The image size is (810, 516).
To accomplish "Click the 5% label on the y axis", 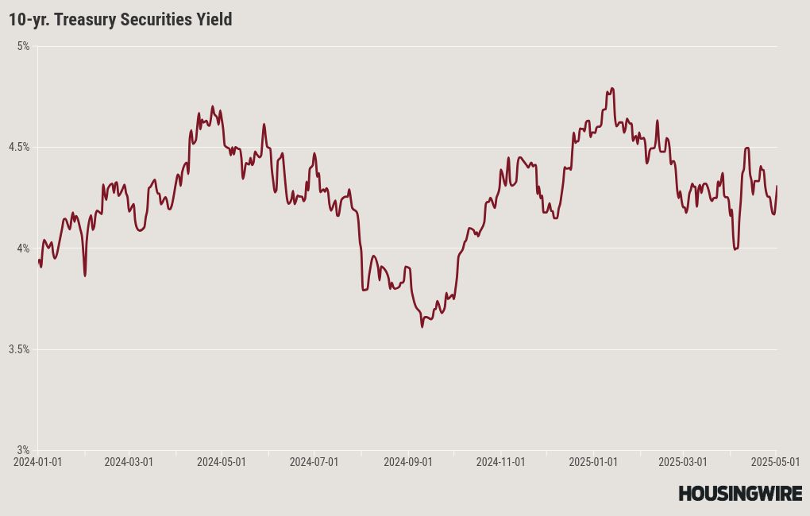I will coord(24,46).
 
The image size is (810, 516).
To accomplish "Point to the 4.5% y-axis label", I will coord(20,147).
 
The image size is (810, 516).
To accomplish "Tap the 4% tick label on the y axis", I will coord(24,248).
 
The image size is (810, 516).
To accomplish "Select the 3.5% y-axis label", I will coord(20,349).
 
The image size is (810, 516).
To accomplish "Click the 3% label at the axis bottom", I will coord(24,450).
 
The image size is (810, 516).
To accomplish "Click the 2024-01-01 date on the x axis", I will coord(37,461).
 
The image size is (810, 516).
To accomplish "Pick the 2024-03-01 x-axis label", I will coord(129,461).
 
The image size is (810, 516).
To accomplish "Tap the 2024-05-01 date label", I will coord(222,461).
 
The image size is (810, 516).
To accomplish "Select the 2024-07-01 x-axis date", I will coord(314,461).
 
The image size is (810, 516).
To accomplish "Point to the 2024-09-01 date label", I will coord(408,461).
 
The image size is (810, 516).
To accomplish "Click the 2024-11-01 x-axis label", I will coord(501,461).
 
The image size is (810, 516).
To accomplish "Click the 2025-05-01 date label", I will coord(774,461).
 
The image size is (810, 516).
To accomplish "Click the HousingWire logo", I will coord(740,493).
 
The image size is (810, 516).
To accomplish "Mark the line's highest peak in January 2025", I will coord(611,88).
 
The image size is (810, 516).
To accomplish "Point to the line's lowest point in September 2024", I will coord(422,325).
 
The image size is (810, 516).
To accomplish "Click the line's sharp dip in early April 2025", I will coord(735,249).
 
